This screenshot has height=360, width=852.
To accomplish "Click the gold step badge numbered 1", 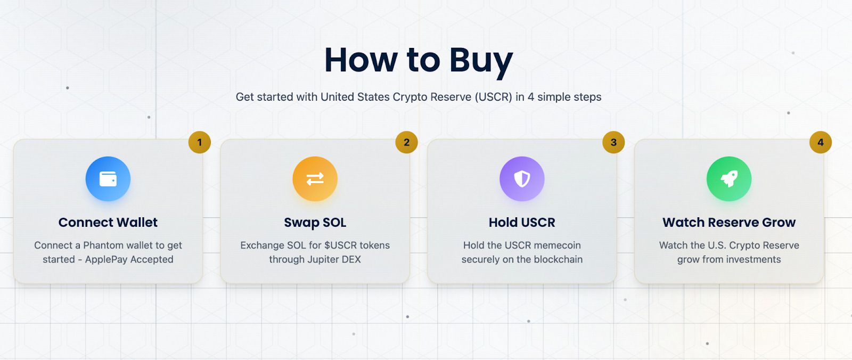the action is [200, 142].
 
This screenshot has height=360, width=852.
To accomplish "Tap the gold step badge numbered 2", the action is [407, 142].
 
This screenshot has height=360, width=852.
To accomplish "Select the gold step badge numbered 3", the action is [613, 142].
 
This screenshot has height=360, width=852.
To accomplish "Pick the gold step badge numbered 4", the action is [821, 142].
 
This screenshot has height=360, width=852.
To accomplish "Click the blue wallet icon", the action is [108, 179].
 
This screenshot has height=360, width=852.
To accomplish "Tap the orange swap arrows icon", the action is [315, 179].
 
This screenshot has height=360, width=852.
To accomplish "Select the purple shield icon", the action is [522, 179].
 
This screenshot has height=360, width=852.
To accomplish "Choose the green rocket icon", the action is [729, 179].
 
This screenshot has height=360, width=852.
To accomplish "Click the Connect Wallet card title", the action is [108, 222].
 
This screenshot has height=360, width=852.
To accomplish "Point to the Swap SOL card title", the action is [315, 223].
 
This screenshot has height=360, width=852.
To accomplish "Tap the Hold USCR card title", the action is [522, 222].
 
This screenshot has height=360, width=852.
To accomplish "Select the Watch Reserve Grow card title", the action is [729, 222].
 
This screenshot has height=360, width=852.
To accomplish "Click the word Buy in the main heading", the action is [481, 61].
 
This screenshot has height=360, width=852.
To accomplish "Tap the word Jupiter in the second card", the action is [317, 260].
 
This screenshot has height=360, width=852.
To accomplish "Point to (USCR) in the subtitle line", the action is [493, 97].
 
